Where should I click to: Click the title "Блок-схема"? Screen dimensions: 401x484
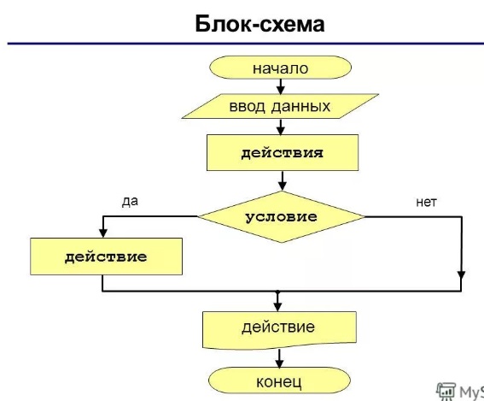pos(259,23)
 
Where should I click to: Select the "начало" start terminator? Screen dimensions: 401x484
pos(280,68)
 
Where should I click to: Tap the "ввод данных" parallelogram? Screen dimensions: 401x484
pos(280,108)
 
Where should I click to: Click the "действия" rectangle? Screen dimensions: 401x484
pos(282,153)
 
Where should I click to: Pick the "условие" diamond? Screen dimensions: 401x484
pos(281,216)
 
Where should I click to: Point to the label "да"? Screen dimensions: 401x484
pos(130,201)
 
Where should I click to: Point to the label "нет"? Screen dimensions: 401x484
pos(426,202)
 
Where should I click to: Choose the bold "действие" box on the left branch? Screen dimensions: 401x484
pos(106,257)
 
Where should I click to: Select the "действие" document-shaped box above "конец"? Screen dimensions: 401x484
pos(278,327)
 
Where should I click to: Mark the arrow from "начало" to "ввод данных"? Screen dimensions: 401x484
pos(281,86)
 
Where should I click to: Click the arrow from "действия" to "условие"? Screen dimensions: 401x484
pos(281,180)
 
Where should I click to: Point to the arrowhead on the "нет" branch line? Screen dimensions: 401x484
pos(461,275)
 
